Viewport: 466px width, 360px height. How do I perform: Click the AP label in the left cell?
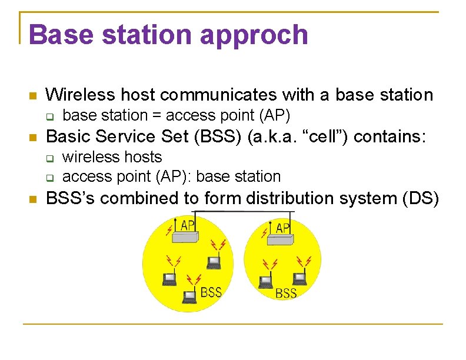[x=188, y=225]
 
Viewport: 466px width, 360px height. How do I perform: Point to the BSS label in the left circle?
[x=211, y=292]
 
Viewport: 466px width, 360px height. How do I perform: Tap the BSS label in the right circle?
[x=286, y=293]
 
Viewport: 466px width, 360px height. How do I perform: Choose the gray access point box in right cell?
[x=279, y=238]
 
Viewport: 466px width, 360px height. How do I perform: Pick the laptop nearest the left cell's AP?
[x=212, y=262]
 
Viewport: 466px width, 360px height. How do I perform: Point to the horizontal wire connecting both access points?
[x=235, y=211]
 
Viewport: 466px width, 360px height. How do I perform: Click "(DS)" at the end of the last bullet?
[x=420, y=199]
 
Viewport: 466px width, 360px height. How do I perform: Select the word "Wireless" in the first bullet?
[x=78, y=94]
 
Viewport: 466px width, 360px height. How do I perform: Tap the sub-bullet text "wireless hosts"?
[x=112, y=157]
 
